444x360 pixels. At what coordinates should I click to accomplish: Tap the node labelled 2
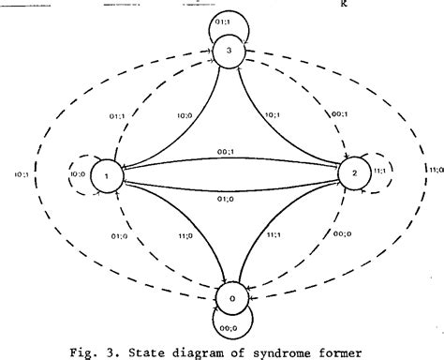(x=349, y=174)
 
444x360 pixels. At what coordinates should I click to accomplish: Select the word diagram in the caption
(x=196, y=352)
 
